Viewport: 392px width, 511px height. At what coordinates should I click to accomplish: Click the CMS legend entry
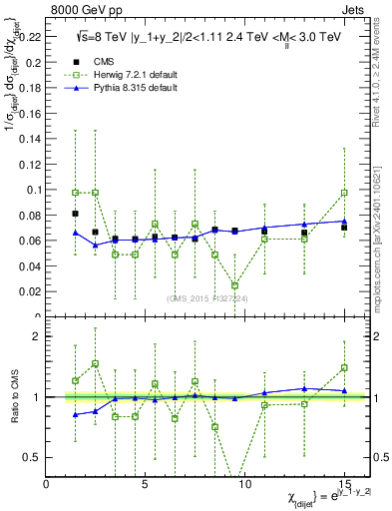click(100, 61)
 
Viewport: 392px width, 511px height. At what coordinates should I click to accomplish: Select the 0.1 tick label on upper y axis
click(34, 190)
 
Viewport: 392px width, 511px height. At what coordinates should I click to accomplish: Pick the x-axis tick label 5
click(146, 483)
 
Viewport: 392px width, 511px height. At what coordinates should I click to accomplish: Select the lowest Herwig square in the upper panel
click(234, 285)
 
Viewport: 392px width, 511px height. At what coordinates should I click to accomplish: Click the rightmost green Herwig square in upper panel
click(343, 193)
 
